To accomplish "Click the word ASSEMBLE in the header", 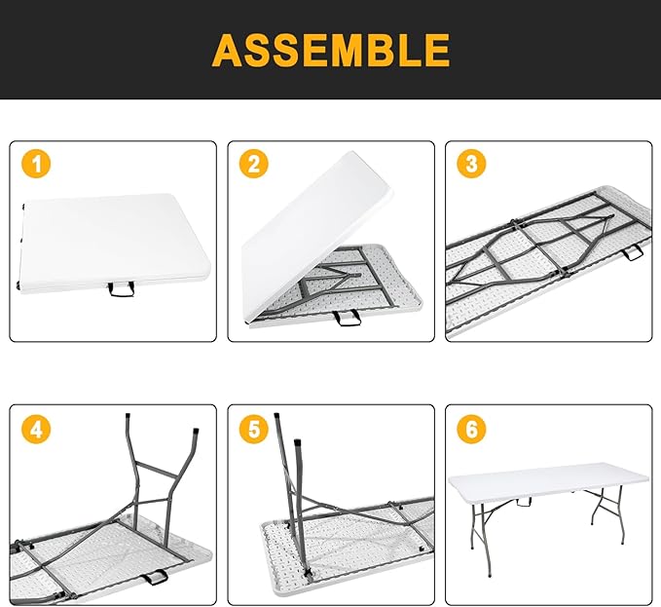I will point(330,49).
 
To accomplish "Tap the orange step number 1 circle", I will point(36,165).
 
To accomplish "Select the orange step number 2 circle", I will point(254,165).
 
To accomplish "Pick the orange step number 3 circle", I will point(472,165).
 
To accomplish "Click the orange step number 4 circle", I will point(36,429).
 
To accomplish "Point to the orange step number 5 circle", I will point(254,429).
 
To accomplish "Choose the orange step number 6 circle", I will point(472,429).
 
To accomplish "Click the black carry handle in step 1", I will point(123,288).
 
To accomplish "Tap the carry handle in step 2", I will point(346,319).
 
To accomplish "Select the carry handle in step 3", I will point(634,253).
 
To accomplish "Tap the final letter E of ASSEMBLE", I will point(435,49).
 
